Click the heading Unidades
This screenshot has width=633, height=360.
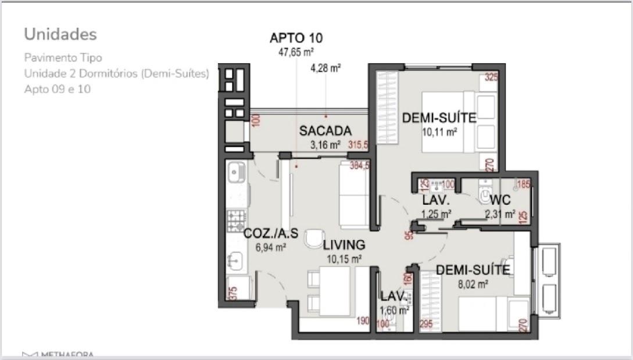[x=60, y=34]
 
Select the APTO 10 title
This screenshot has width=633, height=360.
[x=296, y=38]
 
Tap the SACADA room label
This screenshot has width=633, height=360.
[x=326, y=131]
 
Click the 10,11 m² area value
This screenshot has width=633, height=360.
[x=439, y=132]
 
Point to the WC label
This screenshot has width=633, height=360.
[x=500, y=201]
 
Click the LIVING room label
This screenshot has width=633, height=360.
[x=344, y=245]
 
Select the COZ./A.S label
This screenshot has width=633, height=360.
[x=271, y=234]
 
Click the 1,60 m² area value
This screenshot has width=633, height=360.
[x=394, y=310]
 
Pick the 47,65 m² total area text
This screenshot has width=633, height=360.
[x=296, y=52]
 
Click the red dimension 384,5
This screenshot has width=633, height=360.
[x=359, y=166]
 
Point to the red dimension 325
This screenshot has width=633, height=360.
[x=491, y=77]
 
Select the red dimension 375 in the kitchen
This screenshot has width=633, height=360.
[x=233, y=293]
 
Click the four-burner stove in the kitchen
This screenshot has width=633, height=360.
[x=236, y=220]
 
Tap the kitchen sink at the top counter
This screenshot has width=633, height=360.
[x=236, y=172]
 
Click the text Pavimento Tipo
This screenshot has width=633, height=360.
[x=63, y=58]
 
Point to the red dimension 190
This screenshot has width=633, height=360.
[x=363, y=320]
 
